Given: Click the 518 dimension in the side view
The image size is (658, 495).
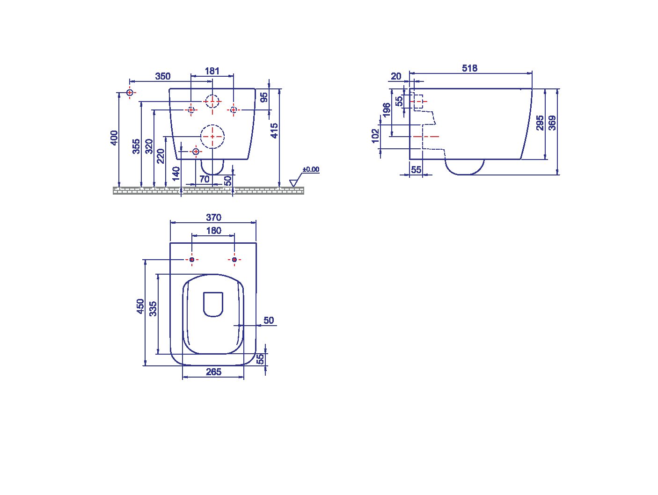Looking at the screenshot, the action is coord(469,68).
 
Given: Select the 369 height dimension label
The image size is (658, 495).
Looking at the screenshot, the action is coord(552,123).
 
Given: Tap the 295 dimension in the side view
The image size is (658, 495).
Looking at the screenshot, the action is coord(540,123).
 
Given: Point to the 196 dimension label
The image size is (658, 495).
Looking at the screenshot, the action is coord(387,109).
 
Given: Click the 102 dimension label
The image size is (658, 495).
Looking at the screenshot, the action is coord(375,136).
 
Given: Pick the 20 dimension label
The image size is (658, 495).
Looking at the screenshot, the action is coord(396,76).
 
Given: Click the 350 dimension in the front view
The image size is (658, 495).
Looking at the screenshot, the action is coord(163,76).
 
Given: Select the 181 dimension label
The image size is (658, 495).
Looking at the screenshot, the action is coord(212,71).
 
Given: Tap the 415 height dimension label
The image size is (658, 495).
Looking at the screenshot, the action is coord(274,131).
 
